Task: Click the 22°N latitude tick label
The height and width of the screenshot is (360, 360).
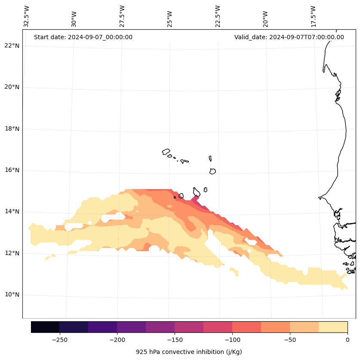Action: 11,46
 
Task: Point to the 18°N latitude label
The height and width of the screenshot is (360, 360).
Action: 11,129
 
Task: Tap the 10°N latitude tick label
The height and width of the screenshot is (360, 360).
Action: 11,295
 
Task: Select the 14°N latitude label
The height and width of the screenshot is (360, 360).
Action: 11,212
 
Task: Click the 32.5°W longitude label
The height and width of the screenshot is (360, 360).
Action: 27,16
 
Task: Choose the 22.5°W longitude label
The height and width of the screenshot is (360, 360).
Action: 218,16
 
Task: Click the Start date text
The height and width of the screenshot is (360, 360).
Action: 83,37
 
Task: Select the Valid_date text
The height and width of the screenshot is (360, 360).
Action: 289,37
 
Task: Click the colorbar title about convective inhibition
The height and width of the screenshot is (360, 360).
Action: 189,352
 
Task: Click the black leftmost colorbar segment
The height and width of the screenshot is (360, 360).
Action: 45,327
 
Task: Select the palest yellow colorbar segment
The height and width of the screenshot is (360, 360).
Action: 333,327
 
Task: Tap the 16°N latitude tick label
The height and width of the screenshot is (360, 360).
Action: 11,171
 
